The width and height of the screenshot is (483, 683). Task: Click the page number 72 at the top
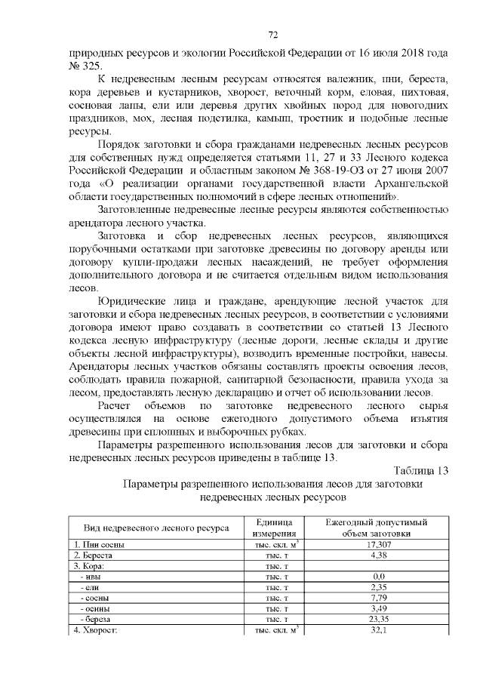click(x=273, y=35)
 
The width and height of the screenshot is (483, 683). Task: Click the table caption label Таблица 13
click(x=420, y=471)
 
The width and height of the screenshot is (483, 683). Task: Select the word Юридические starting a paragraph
click(x=140, y=302)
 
